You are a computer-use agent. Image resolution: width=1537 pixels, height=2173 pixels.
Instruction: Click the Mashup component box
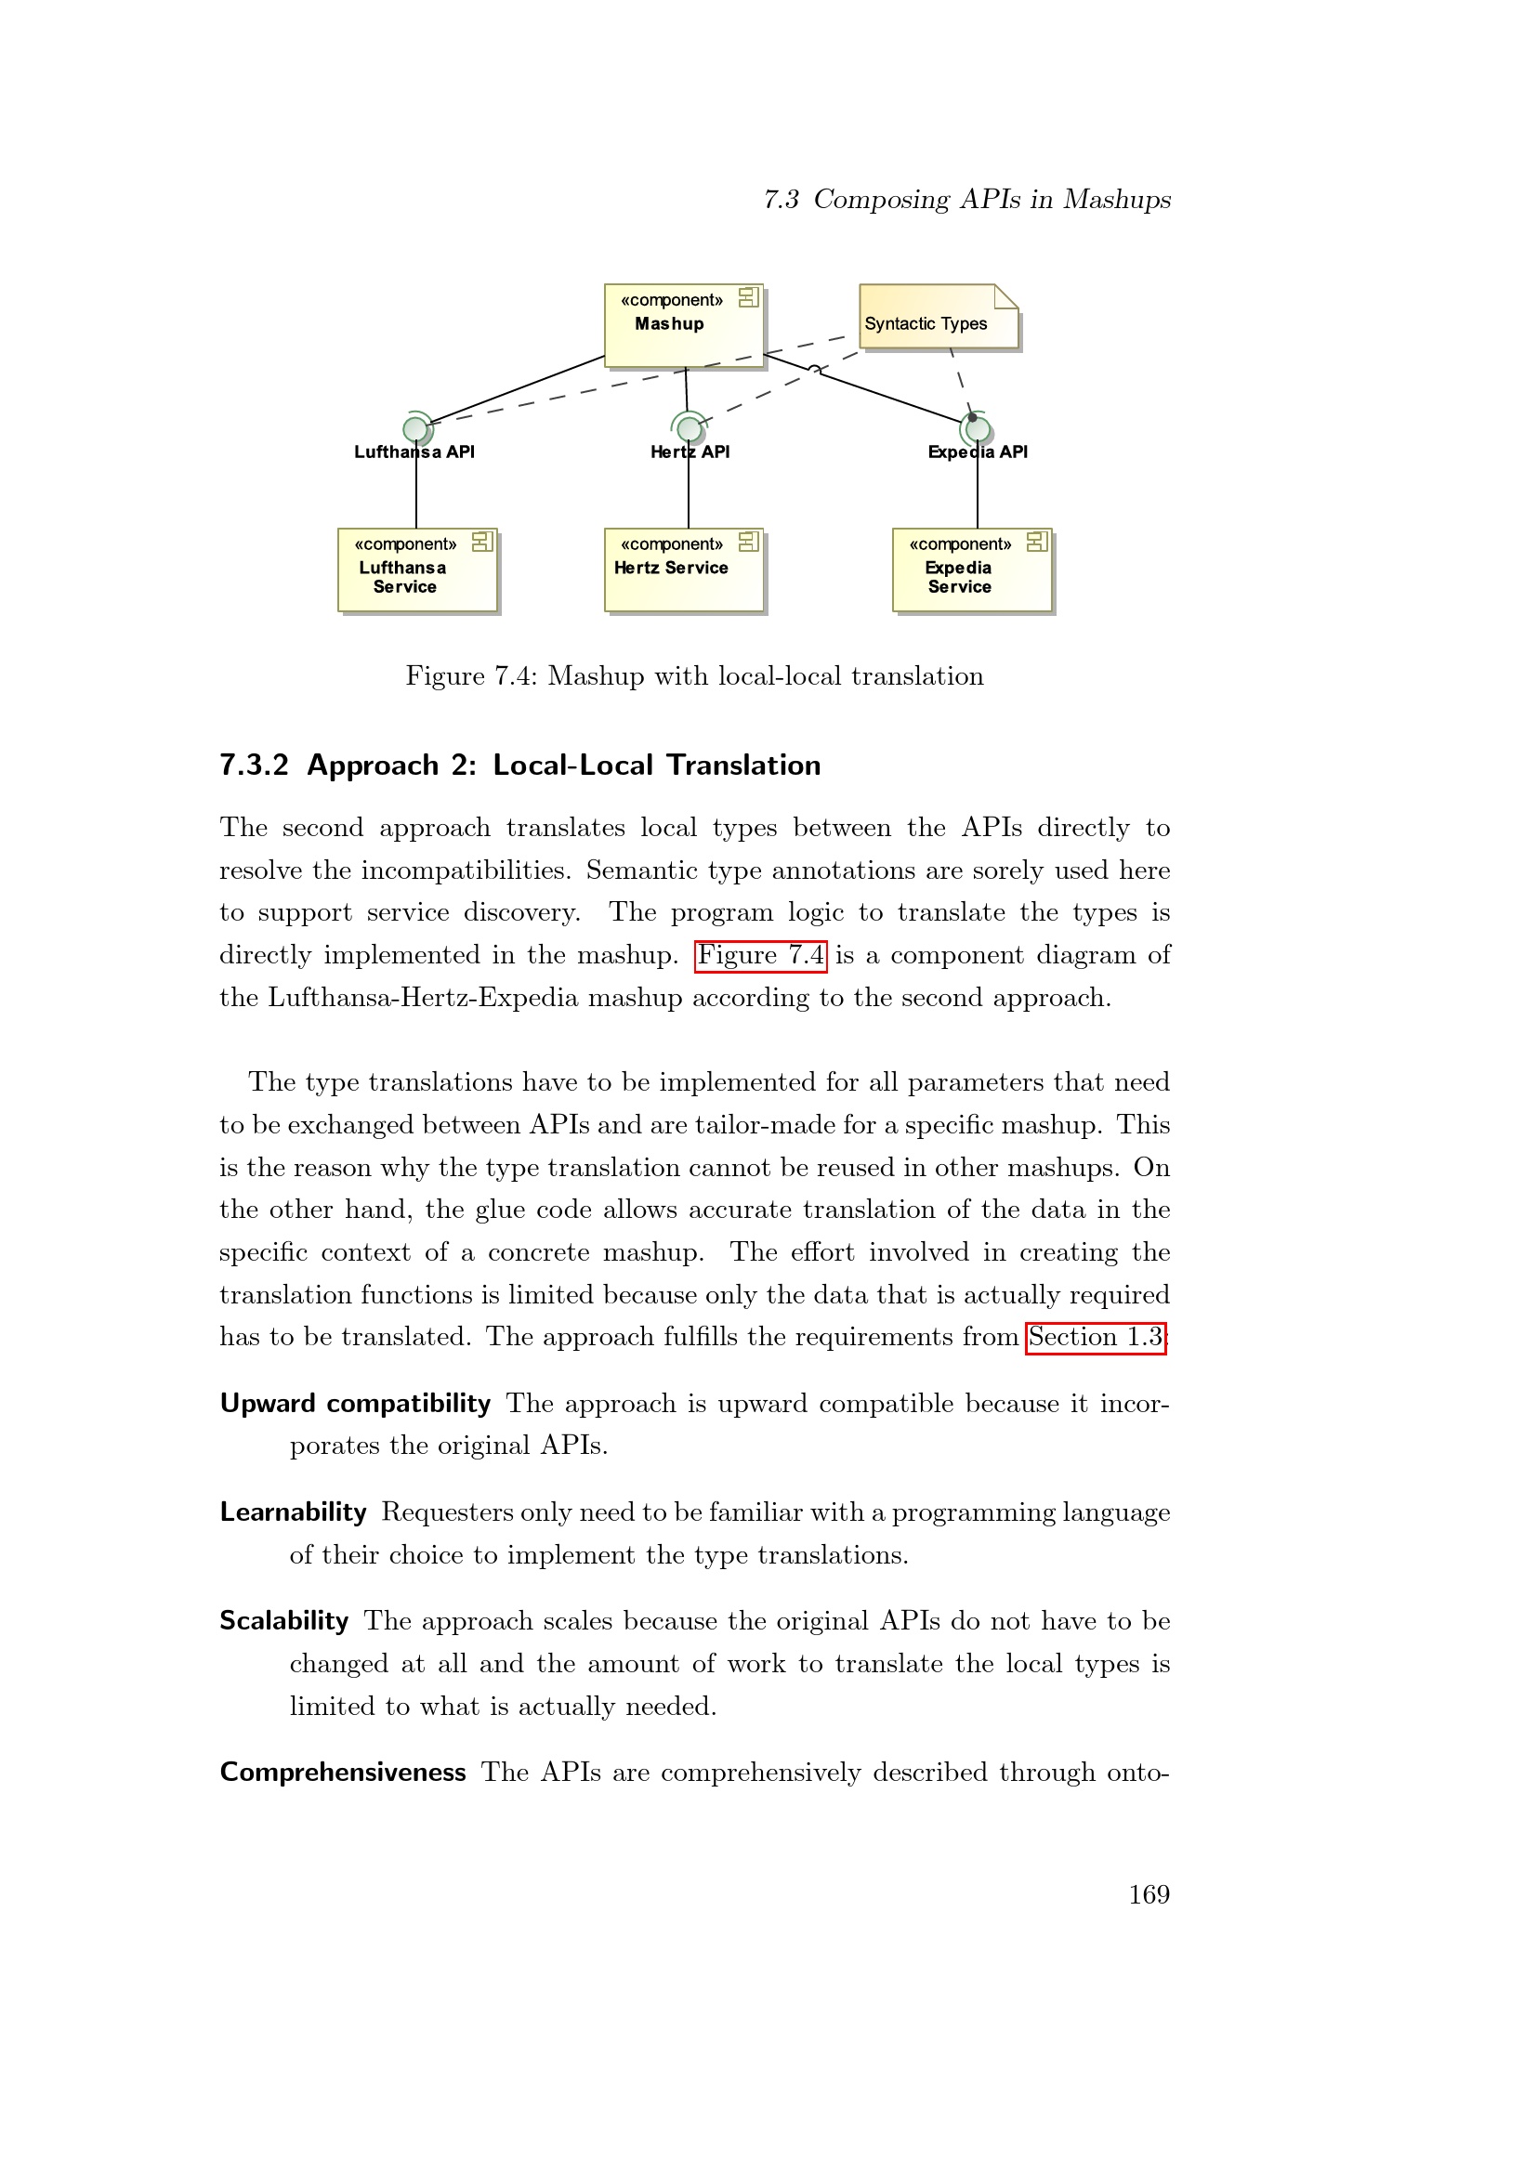coord(682,324)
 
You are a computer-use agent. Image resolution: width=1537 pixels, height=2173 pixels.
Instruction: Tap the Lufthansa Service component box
coord(416,569)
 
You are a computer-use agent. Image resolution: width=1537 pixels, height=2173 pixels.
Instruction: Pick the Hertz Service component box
coord(682,569)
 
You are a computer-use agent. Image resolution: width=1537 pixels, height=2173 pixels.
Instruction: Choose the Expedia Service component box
coord(971,569)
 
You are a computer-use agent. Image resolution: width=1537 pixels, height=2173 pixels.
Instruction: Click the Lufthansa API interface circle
coord(415,428)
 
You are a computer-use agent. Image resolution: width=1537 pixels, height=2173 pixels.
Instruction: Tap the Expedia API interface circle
coord(978,430)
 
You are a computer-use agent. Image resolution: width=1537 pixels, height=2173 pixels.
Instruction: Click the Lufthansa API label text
coord(414,452)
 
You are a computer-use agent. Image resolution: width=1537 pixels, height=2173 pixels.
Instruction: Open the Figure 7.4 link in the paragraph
coord(760,955)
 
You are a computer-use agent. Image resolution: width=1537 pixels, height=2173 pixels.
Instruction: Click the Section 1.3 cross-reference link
coord(1095,1337)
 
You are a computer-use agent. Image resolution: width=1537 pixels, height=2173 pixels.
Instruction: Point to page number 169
coord(1148,1893)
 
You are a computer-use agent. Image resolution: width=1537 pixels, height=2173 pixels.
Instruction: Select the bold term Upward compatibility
coord(355,1403)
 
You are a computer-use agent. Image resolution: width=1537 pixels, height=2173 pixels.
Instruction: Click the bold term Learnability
coord(293,1512)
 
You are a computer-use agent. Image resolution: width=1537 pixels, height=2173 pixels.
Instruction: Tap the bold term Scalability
coord(284,1620)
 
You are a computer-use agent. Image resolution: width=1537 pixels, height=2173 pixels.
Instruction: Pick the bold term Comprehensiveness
coord(343,1772)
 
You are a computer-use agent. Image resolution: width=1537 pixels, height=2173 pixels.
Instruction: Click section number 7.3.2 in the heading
coord(254,765)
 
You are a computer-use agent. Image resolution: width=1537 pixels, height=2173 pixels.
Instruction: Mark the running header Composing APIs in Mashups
coord(991,199)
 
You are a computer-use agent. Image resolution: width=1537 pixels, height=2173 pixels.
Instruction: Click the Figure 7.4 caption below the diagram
coord(694,675)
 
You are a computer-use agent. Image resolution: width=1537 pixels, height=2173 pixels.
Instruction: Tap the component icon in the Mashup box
coord(748,297)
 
